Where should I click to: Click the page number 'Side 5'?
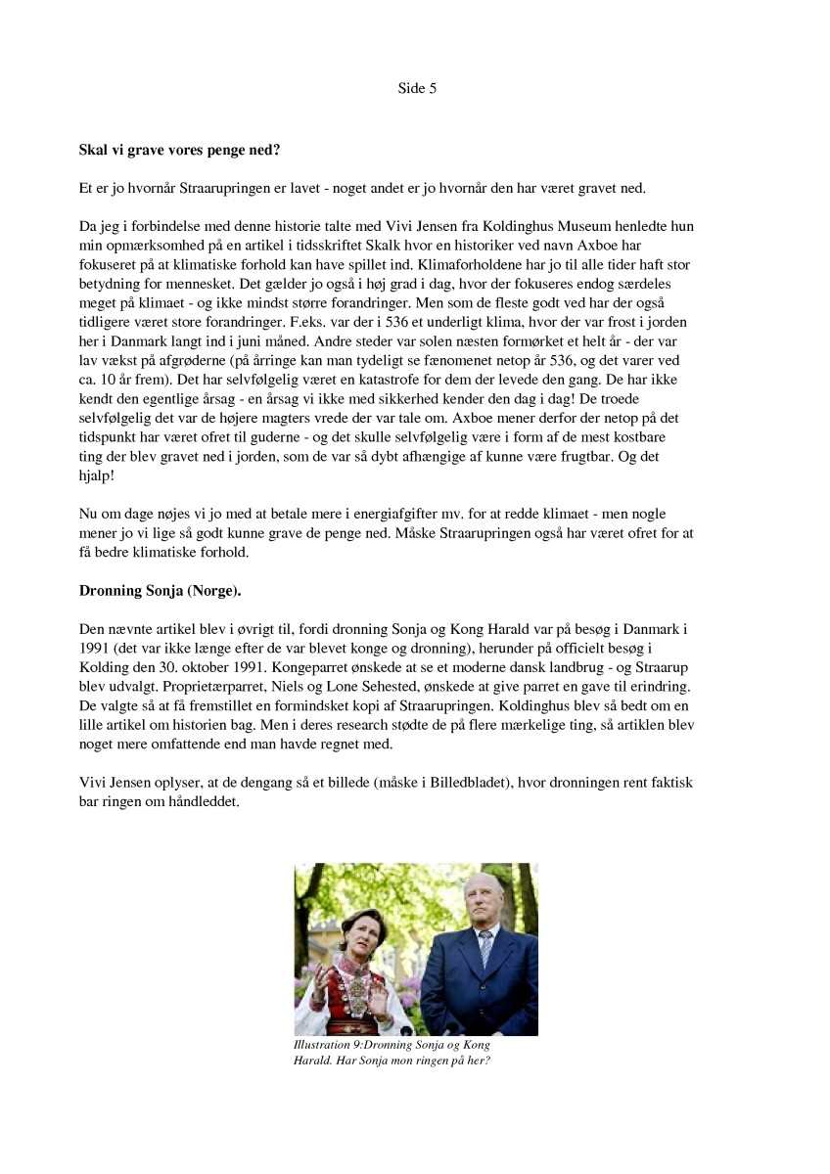tap(416, 88)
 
